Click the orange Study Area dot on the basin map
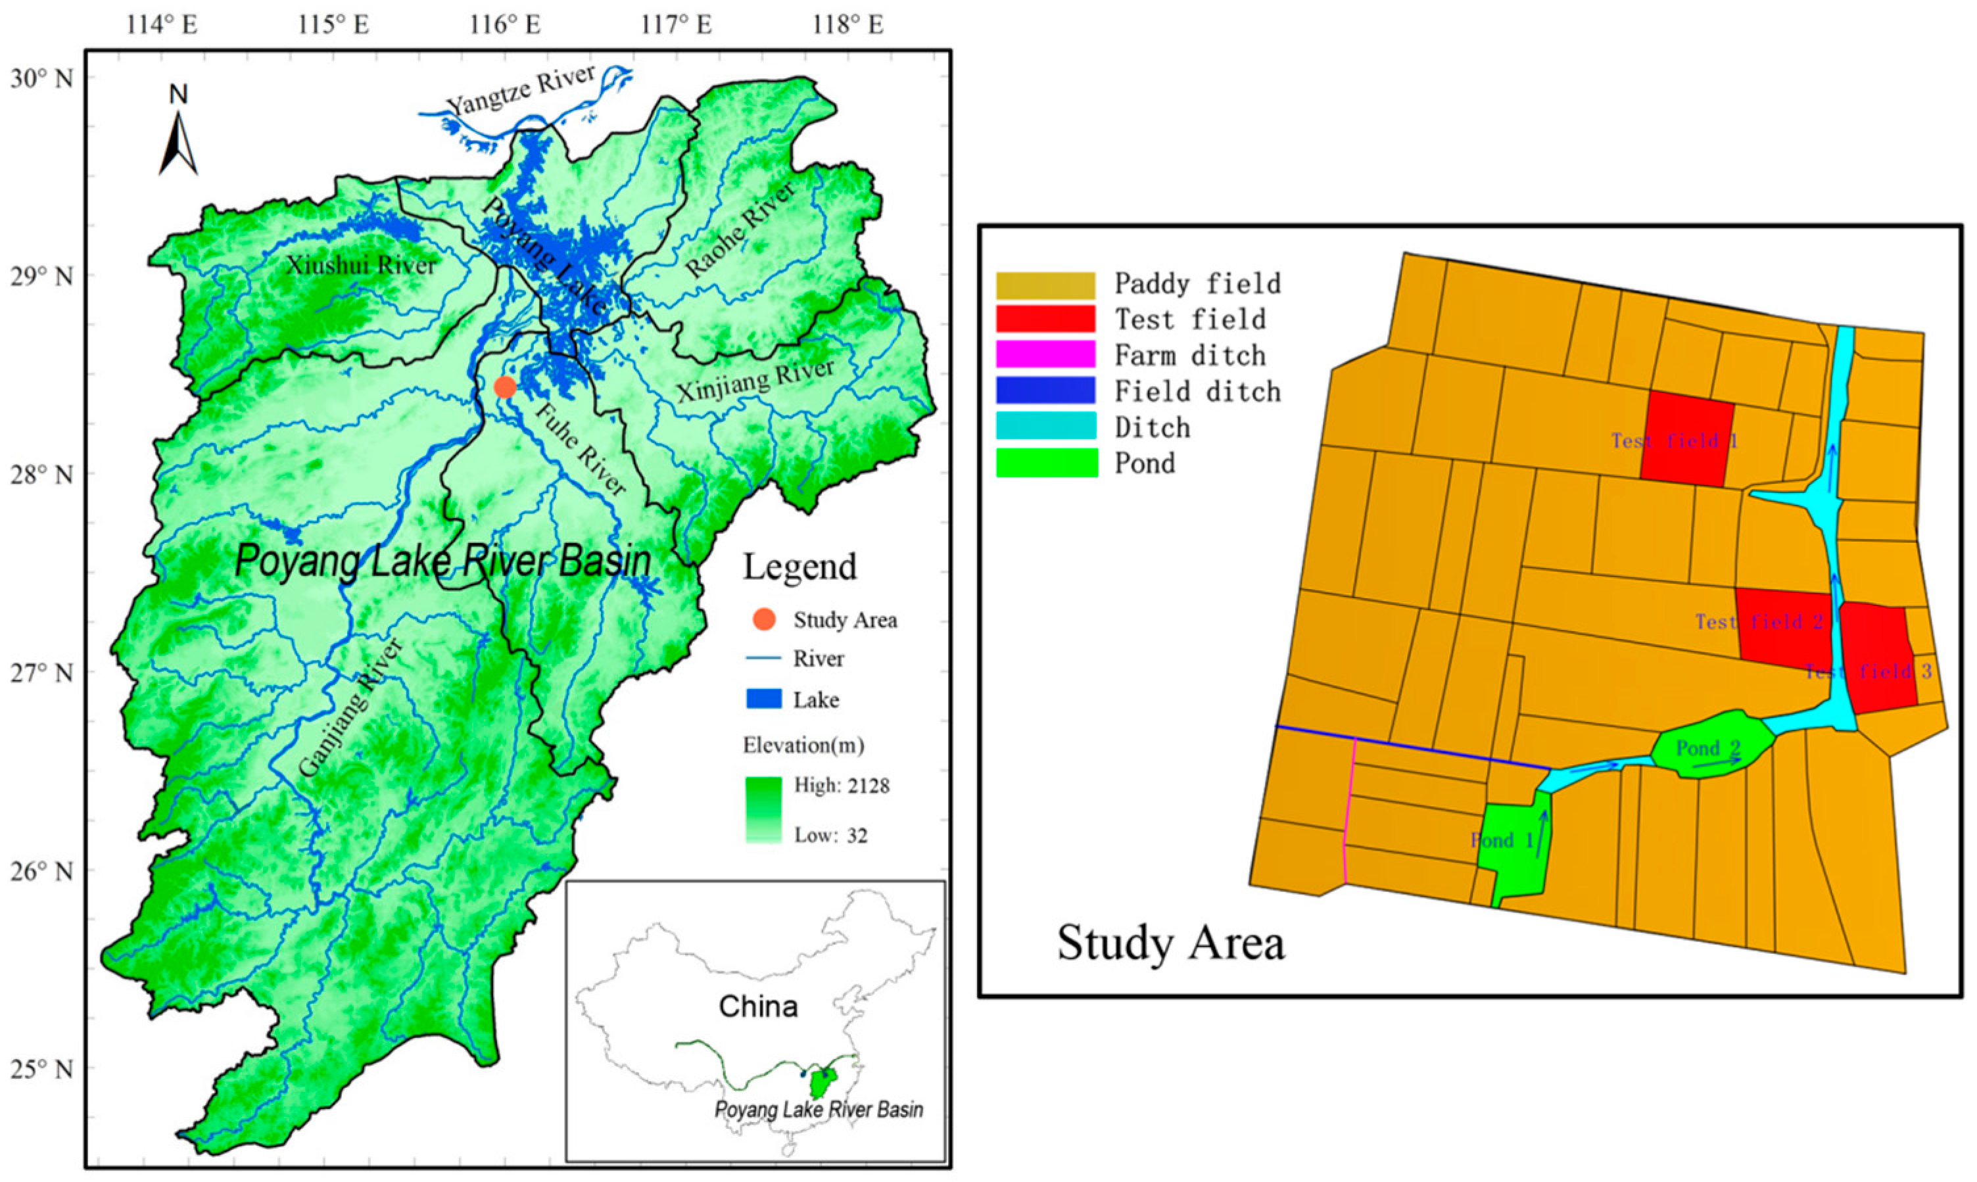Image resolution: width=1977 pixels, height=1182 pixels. tap(505, 387)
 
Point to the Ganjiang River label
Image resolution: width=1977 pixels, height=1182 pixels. tap(351, 707)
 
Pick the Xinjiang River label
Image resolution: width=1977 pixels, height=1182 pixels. tap(755, 381)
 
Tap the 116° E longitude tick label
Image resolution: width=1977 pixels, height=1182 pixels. tap(505, 25)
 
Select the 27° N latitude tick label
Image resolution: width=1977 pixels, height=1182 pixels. tap(41, 673)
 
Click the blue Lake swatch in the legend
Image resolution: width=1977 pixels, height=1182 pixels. tap(763, 699)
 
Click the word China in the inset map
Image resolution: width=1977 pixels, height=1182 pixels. tap(757, 1006)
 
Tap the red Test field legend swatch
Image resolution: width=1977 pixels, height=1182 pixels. tap(1045, 319)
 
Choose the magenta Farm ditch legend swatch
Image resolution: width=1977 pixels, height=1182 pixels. tap(1045, 354)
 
